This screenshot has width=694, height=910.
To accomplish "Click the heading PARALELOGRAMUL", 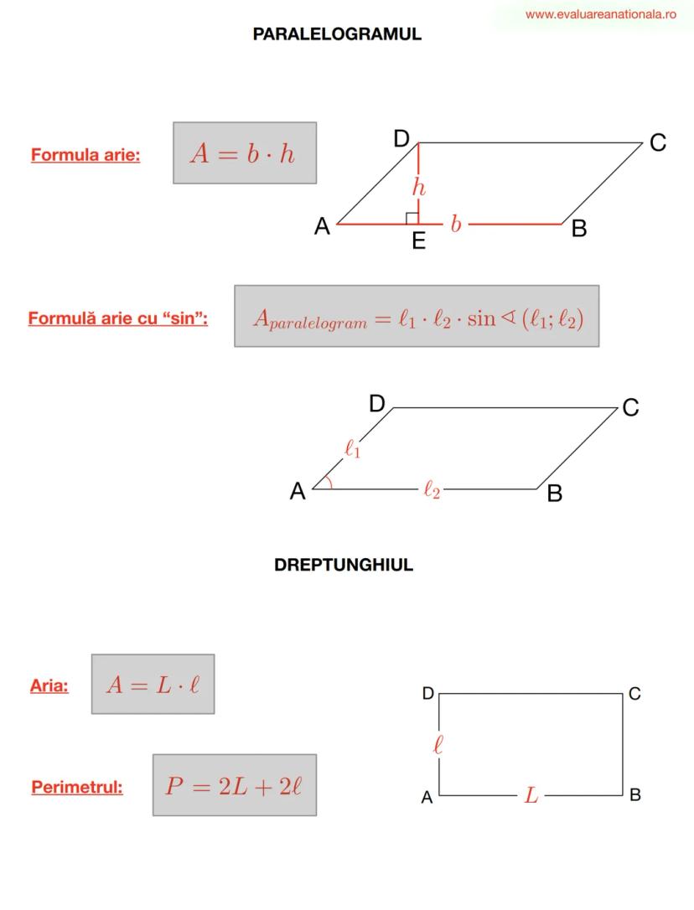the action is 337,34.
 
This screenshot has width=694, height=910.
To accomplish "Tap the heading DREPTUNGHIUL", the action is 343,565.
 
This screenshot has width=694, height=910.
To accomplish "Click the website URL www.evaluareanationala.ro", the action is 600,14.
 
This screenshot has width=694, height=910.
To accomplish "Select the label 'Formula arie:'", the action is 85,155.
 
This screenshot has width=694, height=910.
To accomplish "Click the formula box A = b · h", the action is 245,153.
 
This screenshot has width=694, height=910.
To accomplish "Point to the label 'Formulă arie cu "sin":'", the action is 118,318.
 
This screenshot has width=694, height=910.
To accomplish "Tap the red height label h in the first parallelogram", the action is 419,188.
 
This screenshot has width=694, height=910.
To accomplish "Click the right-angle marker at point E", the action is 412,218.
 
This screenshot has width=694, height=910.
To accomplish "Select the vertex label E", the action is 419,240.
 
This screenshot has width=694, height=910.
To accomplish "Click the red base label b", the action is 456,224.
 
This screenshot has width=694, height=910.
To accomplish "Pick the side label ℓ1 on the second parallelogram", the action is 353,448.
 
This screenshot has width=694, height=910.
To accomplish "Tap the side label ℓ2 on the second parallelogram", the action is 432,489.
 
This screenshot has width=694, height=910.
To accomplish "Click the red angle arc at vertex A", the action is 329,483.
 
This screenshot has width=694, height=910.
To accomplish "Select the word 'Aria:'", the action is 49,685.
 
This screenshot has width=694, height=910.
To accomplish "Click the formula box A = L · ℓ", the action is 153,685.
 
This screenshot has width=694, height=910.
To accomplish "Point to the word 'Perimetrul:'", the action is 77,787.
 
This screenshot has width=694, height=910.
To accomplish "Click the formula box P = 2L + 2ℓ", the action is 235,785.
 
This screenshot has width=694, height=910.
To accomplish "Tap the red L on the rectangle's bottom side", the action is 531,794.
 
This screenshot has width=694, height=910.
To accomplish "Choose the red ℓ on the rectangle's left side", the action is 438,744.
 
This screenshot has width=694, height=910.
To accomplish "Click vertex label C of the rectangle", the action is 634,694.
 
